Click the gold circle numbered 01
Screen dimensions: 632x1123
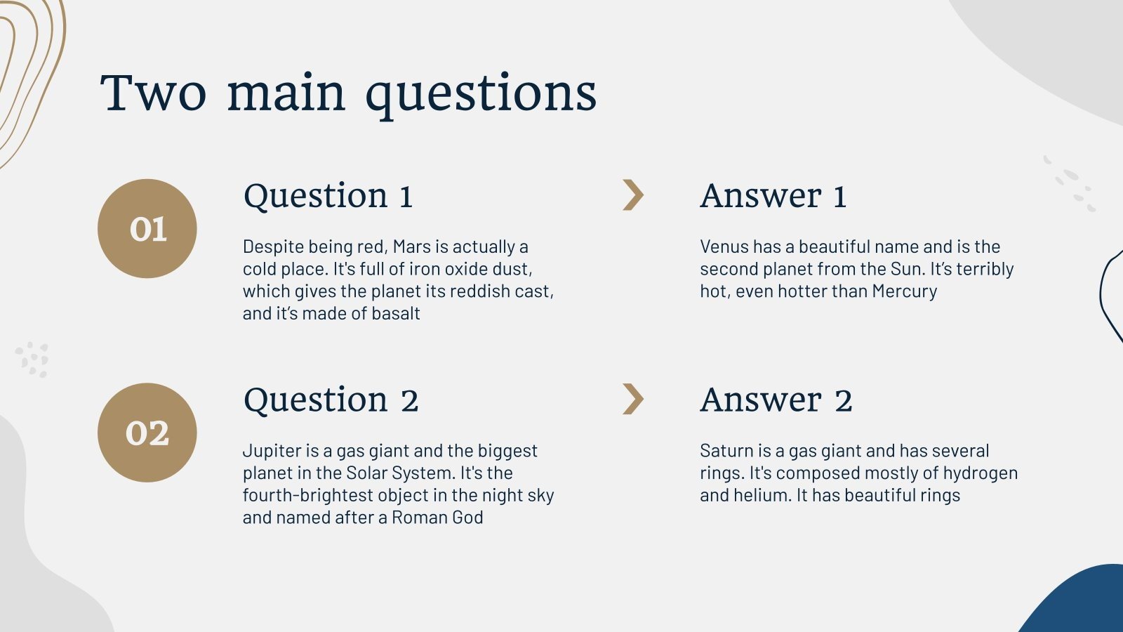click(x=147, y=229)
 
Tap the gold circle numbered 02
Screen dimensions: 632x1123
click(x=147, y=433)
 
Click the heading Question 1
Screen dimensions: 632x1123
click(x=328, y=196)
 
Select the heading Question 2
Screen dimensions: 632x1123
click(x=331, y=400)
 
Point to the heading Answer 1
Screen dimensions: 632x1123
click(x=773, y=196)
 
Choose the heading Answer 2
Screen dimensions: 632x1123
click(x=776, y=400)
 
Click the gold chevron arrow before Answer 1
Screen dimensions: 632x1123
click(x=632, y=195)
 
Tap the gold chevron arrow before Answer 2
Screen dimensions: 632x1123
click(x=632, y=399)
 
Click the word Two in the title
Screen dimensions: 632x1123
click(x=154, y=93)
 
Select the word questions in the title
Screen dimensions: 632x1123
click(x=481, y=94)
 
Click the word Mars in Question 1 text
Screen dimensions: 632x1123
click(x=411, y=247)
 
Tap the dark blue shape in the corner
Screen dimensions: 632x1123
click(x=1084, y=604)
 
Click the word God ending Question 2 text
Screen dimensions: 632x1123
click(x=467, y=518)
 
